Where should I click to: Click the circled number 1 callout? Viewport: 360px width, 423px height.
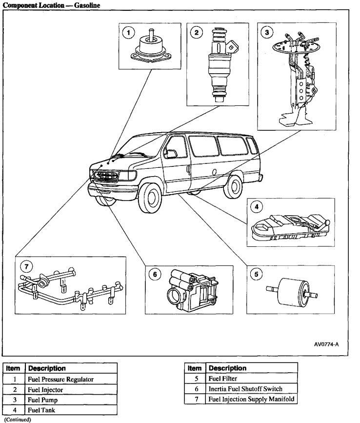(128, 33)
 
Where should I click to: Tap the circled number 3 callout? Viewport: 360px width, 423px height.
(267, 32)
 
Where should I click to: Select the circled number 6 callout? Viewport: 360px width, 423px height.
(155, 274)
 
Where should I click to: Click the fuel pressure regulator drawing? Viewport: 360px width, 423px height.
(151, 47)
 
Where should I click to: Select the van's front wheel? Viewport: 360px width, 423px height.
(150, 198)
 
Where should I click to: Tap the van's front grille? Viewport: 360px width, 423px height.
(106, 176)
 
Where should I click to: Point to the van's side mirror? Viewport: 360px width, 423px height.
(170, 154)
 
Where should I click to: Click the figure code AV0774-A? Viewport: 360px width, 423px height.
(326, 344)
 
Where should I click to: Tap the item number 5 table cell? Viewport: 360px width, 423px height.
(196, 379)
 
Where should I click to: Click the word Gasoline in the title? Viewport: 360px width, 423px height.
(87, 5)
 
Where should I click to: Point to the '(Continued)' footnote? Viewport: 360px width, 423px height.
(18, 420)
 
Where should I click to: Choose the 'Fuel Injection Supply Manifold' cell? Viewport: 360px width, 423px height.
(252, 399)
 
